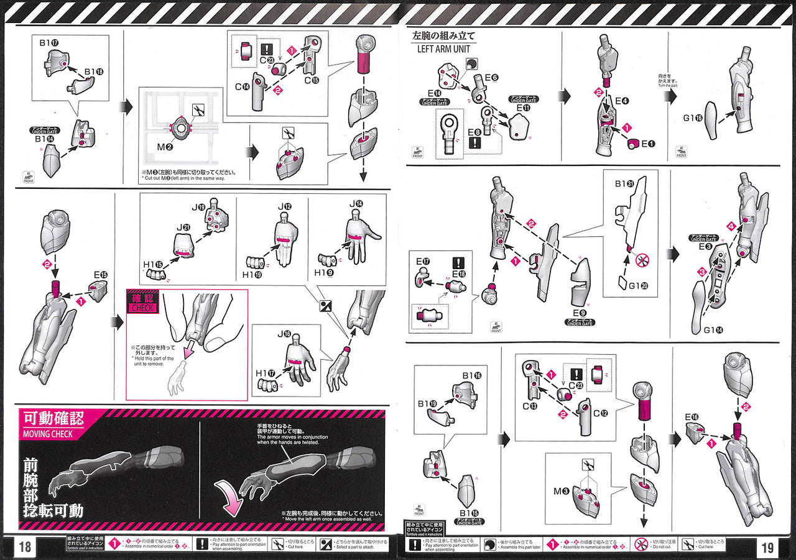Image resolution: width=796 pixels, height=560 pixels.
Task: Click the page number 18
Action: click(x=25, y=547)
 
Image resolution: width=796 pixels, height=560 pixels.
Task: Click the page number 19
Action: click(x=767, y=547)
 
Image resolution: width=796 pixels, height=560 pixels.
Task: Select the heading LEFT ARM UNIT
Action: click(x=444, y=48)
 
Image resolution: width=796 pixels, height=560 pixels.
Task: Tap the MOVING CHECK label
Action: click(x=47, y=433)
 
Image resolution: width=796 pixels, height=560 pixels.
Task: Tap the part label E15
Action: click(x=100, y=274)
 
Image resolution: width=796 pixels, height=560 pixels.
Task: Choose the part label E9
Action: click(x=580, y=313)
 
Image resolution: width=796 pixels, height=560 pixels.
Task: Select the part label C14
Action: click(x=243, y=87)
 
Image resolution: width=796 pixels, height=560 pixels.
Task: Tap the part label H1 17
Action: click(x=264, y=373)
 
